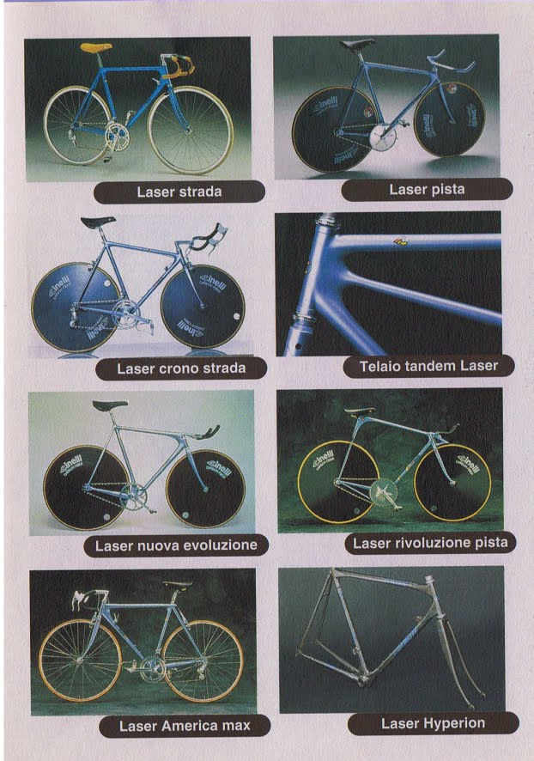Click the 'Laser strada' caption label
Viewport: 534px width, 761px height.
pos(179,192)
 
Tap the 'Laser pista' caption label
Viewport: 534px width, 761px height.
pos(427,189)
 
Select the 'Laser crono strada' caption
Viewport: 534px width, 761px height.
pos(181,368)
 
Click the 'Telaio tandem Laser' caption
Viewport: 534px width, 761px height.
pos(428,366)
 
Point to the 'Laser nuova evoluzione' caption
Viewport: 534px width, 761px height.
pos(176,545)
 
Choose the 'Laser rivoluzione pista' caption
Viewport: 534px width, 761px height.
pos(430,543)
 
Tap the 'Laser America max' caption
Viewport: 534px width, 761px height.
pos(185,726)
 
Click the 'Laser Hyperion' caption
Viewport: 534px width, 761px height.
pos(433,723)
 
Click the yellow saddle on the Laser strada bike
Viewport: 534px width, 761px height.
pos(95,47)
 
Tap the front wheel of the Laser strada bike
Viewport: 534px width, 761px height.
pos(191,130)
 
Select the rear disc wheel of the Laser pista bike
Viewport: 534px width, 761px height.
pos(331,129)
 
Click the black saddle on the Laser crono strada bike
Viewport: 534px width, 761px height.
pos(98,222)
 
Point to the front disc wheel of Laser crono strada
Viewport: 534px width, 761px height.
pos(203,306)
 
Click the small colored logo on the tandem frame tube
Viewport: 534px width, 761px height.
pos(397,240)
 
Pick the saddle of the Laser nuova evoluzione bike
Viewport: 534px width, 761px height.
pos(110,405)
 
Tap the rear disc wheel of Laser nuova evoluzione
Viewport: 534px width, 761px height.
pos(87,487)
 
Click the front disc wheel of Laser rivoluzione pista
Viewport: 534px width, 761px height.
pos(452,483)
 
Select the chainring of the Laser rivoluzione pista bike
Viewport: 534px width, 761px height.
pos(383,494)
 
